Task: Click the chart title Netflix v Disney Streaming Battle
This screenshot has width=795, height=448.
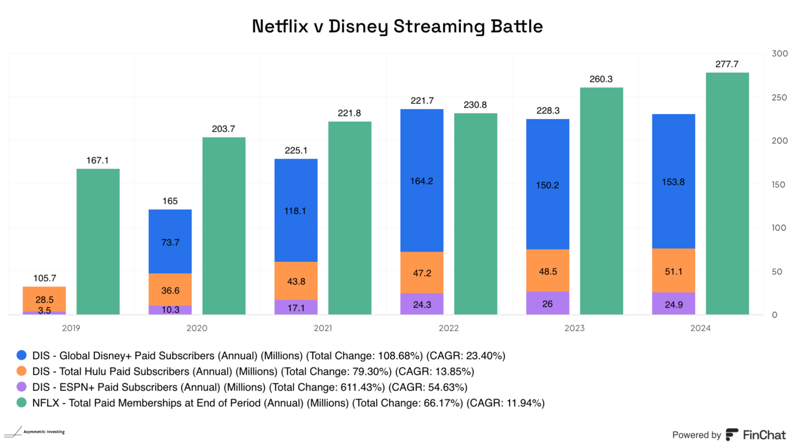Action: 397,27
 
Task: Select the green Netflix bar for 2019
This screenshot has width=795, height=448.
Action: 98,242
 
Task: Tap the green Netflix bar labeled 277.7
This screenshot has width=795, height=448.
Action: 727,193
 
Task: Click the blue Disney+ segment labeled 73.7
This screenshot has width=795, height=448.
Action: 170,242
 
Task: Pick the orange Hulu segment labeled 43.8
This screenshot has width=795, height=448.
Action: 296,281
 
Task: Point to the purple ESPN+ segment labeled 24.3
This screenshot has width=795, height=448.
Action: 421,304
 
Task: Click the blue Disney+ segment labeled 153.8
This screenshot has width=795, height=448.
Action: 673,181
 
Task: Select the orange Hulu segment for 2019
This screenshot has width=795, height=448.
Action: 44,299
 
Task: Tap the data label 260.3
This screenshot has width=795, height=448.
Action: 601,79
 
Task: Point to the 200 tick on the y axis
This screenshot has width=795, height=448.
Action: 780,141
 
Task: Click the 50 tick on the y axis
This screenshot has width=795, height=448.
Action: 778,272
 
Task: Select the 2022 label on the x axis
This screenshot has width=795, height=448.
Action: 449,328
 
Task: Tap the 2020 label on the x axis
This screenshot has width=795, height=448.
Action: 198,328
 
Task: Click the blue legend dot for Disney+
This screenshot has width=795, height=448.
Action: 22,356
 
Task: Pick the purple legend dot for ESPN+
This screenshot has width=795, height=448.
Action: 22,388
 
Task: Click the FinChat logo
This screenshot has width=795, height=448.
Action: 756,434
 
